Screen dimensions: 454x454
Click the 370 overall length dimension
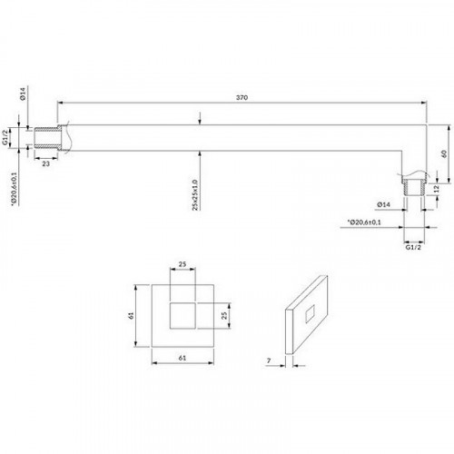[242, 97]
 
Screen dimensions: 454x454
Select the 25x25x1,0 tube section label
[194, 195]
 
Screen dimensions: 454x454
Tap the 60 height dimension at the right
[444, 153]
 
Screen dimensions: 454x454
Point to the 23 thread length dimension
[45, 163]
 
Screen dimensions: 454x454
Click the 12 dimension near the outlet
[436, 189]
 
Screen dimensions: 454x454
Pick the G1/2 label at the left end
[5, 137]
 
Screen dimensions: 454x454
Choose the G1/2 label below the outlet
[413, 247]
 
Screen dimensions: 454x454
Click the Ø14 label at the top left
[23, 94]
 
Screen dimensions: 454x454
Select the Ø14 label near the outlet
[383, 204]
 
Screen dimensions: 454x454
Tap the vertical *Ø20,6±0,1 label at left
[14, 189]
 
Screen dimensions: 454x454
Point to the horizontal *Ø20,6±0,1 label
[364, 222]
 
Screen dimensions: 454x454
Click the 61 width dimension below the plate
[183, 358]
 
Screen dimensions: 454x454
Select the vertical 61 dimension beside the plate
[131, 316]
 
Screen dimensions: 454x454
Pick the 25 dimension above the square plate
[183, 264]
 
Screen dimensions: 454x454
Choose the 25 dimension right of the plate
[224, 316]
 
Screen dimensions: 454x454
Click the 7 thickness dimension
[269, 360]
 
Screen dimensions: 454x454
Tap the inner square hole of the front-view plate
[183, 315]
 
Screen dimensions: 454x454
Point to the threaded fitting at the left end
[45, 138]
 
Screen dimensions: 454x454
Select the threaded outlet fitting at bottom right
[414, 188]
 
